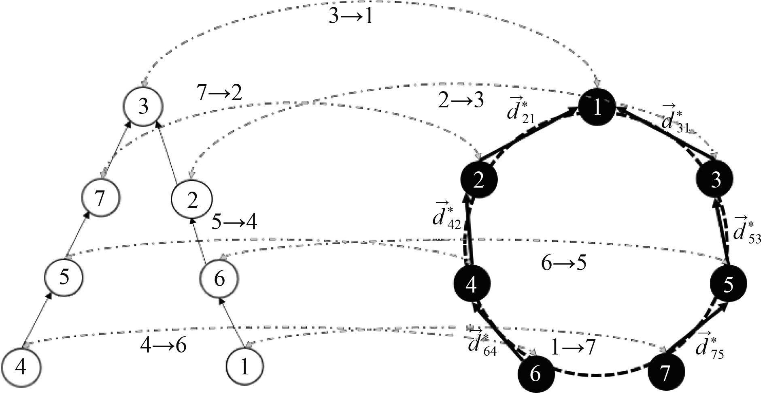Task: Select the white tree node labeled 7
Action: [100, 199]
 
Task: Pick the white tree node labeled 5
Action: [64, 278]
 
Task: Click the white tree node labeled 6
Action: [219, 278]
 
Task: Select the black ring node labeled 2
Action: [479, 180]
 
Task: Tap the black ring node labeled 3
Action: [716, 180]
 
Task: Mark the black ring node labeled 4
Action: [471, 284]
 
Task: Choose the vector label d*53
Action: [745, 231]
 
